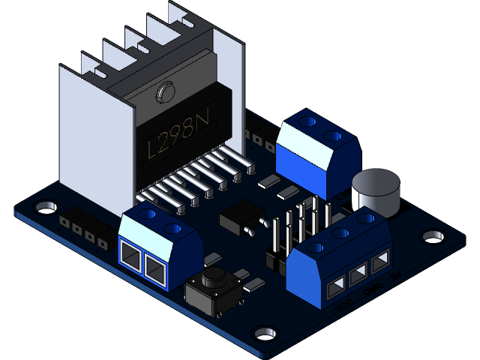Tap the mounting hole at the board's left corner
[x=46, y=205]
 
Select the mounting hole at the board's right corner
[x=432, y=236]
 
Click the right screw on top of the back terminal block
[x=333, y=136]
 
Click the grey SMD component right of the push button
[x=254, y=283]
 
